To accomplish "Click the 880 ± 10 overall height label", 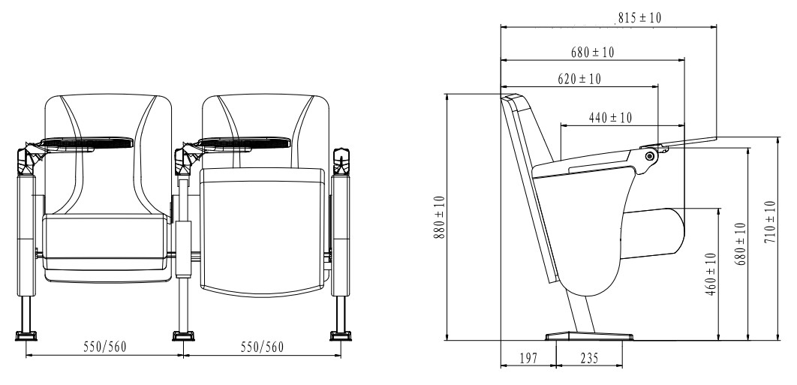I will coord(440,218).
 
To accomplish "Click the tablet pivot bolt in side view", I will coord(650,155).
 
